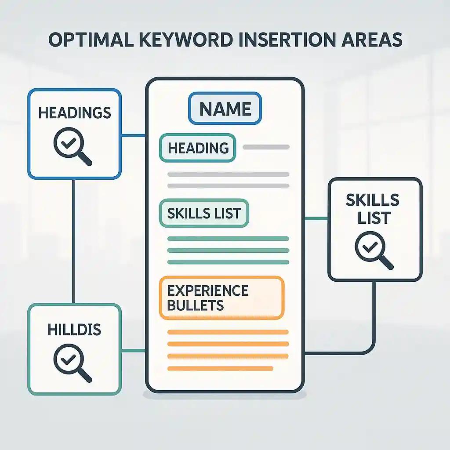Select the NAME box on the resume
point(225,109)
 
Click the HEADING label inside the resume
point(198,148)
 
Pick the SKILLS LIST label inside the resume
point(204,213)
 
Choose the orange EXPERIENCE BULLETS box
point(222,298)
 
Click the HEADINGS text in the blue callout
point(74,113)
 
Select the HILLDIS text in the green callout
point(74,329)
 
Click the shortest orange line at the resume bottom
point(220,368)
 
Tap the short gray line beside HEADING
point(266,147)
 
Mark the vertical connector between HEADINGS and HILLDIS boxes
point(73,241)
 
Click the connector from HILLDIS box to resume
point(133,351)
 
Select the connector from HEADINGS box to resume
point(133,135)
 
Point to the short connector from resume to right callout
point(316,218)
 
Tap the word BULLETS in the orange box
point(196,305)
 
